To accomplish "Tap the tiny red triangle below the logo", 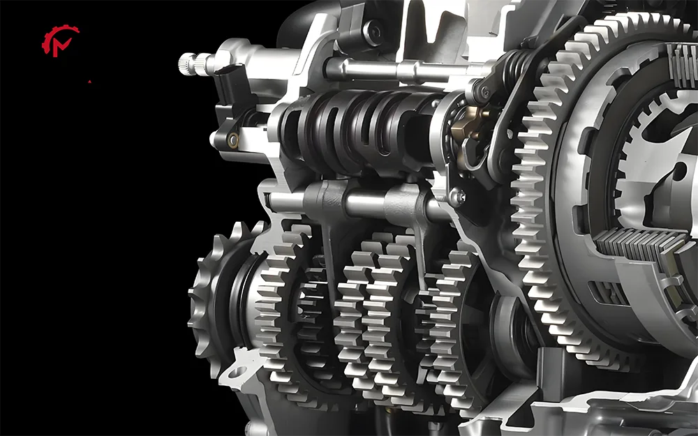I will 89,82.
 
